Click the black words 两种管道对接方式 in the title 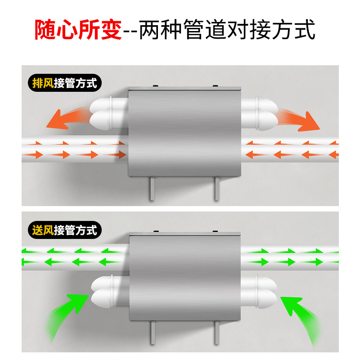click(228, 30)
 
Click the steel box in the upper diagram click(185, 131)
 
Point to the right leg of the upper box click(217, 189)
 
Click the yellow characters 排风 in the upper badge click(43, 83)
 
